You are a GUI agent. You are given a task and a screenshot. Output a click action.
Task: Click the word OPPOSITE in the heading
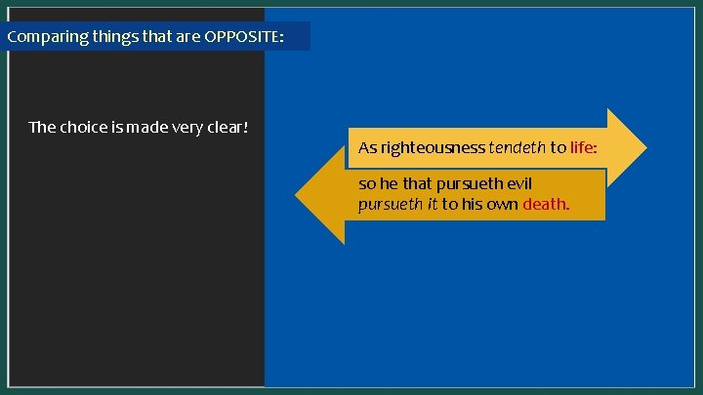(244, 38)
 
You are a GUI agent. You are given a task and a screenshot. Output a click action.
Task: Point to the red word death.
(547, 205)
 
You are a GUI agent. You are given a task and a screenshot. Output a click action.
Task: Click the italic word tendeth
(517, 148)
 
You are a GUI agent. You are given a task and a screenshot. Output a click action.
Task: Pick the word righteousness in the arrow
(433, 148)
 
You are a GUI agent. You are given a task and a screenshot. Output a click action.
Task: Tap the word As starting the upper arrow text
(367, 148)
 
